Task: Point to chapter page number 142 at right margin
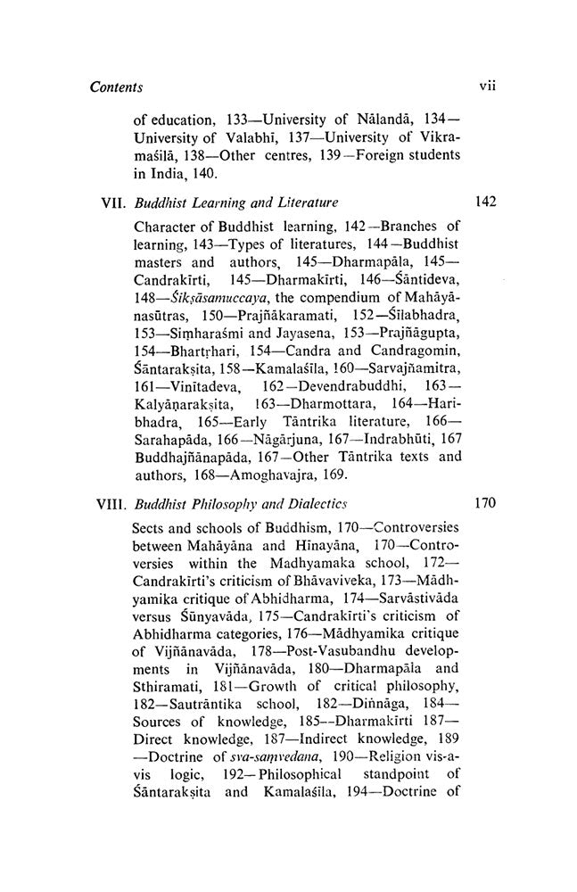tap(484, 202)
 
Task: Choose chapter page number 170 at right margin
tap(484, 503)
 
